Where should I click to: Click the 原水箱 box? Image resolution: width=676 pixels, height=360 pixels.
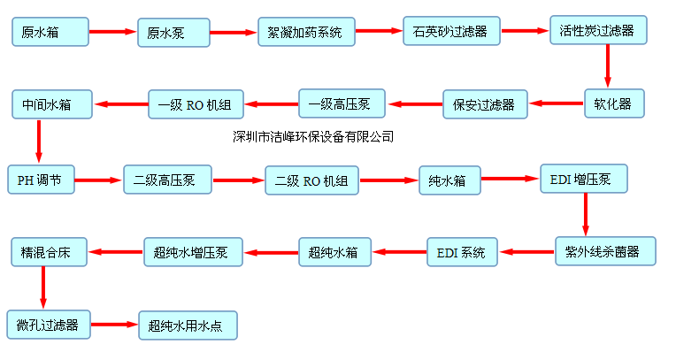point(51,33)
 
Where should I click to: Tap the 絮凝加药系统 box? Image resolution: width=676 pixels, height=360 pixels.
point(305,33)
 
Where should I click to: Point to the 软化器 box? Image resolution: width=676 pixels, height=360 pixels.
point(608,103)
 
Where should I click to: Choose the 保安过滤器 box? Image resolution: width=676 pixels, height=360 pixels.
point(485,103)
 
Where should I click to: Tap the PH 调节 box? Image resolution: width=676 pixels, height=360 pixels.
point(40,181)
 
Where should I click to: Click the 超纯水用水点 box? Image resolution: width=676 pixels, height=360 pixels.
point(188,326)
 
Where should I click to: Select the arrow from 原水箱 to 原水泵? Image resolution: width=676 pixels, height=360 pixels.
point(114,34)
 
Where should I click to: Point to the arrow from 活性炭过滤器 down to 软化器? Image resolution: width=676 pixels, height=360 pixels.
point(608,65)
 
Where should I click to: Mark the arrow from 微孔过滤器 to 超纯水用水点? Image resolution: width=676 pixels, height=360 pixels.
point(113,326)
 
